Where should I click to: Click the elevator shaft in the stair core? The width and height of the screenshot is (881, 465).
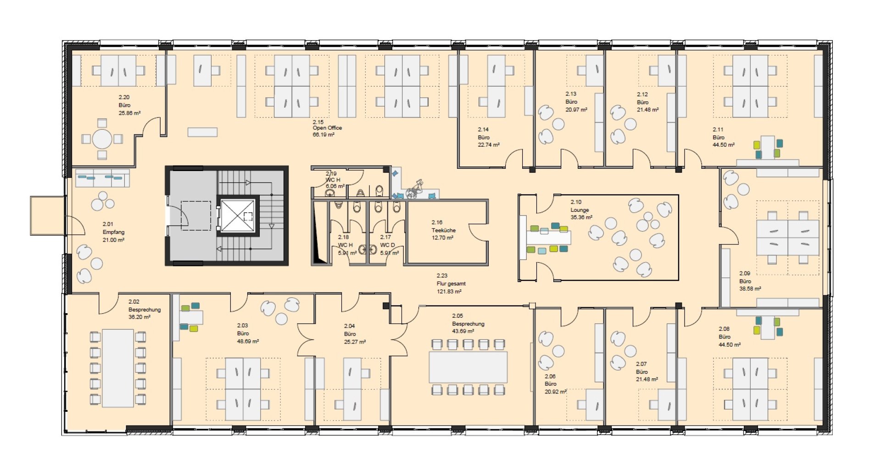pyautogui.click(x=238, y=216)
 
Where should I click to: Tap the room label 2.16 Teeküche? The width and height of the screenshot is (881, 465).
pyautogui.click(x=443, y=230)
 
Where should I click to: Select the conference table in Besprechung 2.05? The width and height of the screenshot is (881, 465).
pyautogui.click(x=468, y=367)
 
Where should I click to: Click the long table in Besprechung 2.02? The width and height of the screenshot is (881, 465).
pyautogui.click(x=118, y=368)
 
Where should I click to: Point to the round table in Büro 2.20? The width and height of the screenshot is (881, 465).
pyautogui.click(x=102, y=139)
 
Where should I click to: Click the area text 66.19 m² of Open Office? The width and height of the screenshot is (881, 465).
pyautogui.click(x=323, y=135)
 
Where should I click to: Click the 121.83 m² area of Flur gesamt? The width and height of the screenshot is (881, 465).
pyautogui.click(x=449, y=291)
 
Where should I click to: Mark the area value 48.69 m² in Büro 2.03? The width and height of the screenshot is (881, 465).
pyautogui.click(x=248, y=342)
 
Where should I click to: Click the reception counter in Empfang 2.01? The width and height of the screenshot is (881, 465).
pyautogui.click(x=102, y=178)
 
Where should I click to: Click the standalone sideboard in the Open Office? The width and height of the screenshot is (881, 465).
pyautogui.click(x=202, y=132)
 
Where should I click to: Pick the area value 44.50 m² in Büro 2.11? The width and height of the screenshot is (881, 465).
pyautogui.click(x=724, y=145)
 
